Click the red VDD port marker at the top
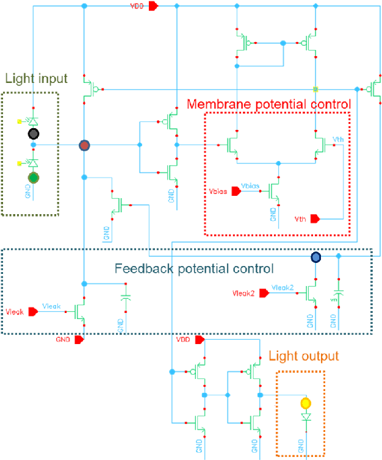[154, 5]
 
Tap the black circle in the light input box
[34, 134]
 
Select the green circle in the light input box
[34, 178]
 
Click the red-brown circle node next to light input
[84, 145]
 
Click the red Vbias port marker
[235, 192]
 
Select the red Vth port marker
[315, 218]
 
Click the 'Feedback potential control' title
[194, 268]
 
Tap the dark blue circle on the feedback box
[315, 257]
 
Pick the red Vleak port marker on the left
[34, 311]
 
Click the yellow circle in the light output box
[306, 403]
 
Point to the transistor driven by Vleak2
[311, 293]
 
